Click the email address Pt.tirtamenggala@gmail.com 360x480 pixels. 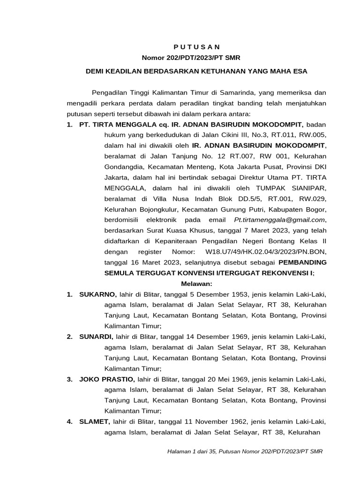[x=279, y=220]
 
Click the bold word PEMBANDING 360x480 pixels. [x=300, y=262]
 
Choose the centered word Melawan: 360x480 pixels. [x=197, y=284]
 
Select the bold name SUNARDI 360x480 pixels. [x=96, y=337]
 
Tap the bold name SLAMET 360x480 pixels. [x=95, y=421]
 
